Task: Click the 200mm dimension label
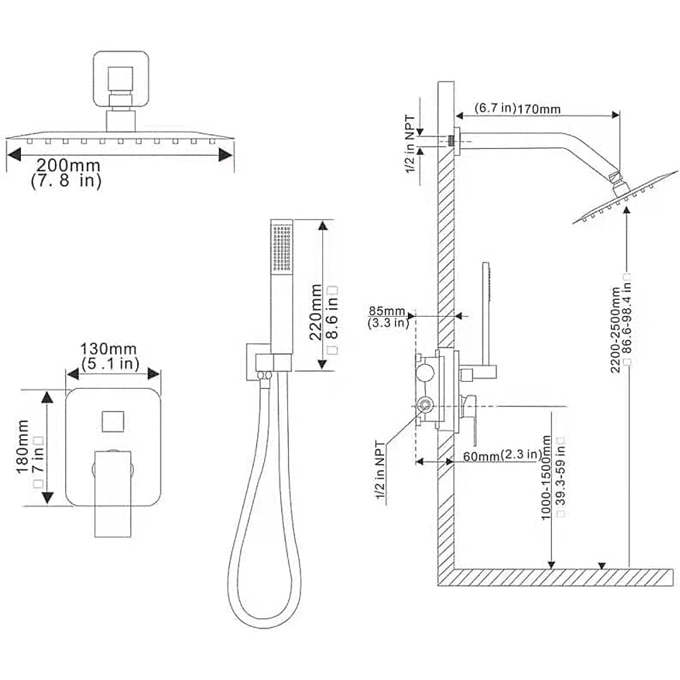click(x=68, y=165)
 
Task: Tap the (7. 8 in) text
click(x=66, y=182)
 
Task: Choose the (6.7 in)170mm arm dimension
click(x=517, y=108)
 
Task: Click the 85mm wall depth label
click(x=387, y=311)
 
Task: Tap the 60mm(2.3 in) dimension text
click(x=502, y=456)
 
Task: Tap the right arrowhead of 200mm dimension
click(x=226, y=155)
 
